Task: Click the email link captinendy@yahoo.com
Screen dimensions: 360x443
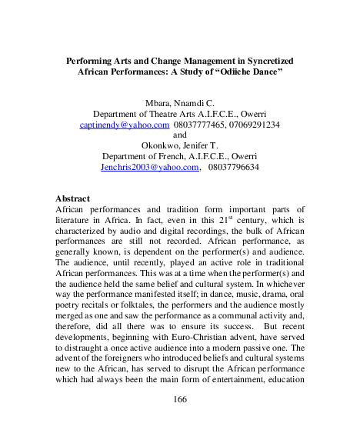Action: (125, 123)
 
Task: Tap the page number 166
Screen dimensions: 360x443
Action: (180, 399)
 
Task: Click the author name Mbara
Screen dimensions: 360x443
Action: (158, 102)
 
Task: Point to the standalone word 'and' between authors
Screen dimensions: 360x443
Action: (180, 134)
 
